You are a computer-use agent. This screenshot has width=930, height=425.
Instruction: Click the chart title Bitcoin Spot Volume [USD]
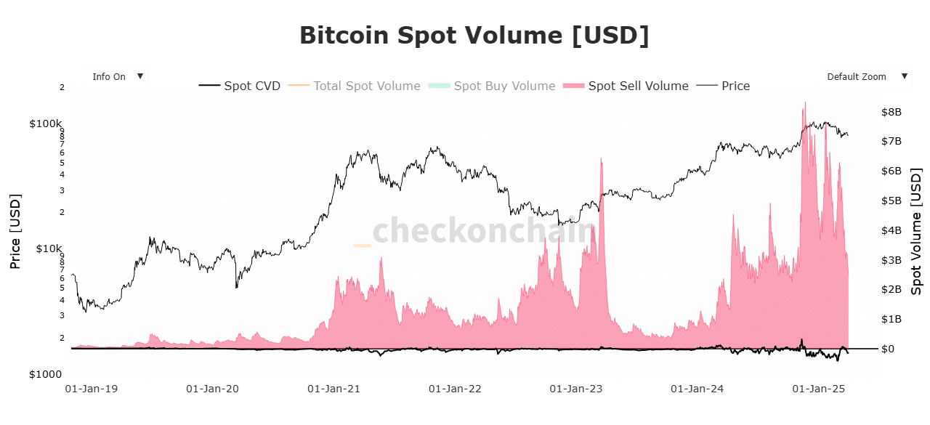(474, 36)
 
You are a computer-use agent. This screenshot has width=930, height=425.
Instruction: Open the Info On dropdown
(116, 76)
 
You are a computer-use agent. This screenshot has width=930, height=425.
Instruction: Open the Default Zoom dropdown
(865, 76)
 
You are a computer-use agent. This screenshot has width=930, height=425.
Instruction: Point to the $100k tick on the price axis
(46, 124)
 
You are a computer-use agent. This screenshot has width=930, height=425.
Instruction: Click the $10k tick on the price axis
(46, 248)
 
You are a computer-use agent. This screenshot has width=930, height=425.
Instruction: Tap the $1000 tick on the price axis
(46, 374)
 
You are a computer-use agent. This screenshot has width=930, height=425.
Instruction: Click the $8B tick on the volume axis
(891, 112)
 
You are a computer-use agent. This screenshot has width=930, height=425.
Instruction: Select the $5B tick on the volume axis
(891, 201)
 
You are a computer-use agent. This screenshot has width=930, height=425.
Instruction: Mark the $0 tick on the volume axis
(887, 349)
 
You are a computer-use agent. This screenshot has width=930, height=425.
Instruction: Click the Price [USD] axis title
(15, 232)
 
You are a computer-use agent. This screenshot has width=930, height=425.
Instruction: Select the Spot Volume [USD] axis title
(916, 232)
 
